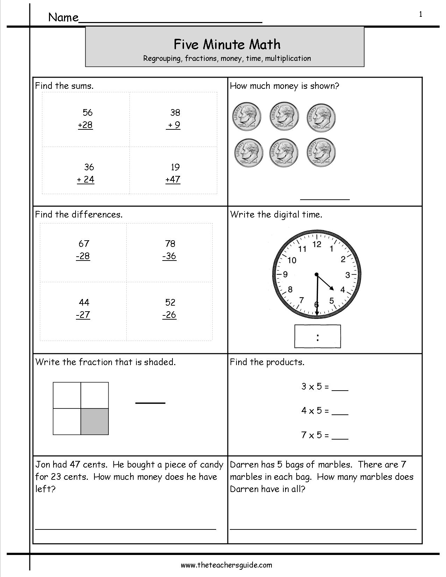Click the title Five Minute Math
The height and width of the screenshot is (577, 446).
pos(227,44)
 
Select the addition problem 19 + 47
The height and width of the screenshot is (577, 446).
pos(173,173)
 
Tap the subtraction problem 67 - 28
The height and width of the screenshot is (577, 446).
pos(83,250)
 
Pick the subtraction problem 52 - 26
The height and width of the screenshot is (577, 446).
pos(170,308)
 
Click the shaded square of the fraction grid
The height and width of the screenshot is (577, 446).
pos(94,421)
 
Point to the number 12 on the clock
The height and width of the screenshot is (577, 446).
pos(317,244)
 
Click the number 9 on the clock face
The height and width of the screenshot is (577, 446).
pos(285,275)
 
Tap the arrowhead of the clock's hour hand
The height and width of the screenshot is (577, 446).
pos(332,289)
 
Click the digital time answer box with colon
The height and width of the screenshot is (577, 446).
pos(317,336)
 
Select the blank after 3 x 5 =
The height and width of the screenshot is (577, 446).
pos(340,389)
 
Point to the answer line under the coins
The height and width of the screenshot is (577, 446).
pos(325,199)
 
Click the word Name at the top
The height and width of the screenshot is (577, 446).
pos(63,17)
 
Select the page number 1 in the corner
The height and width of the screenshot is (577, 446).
pos(420,14)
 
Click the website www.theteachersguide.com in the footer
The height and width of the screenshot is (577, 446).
pos(226,565)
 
